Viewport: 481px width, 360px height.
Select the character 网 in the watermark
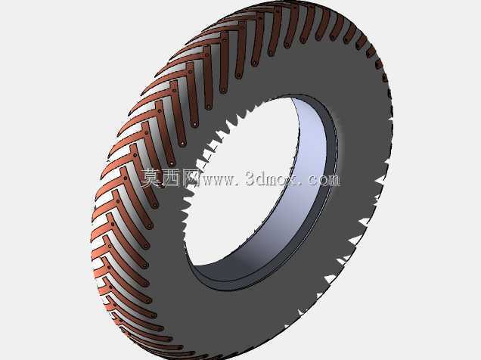[190, 178]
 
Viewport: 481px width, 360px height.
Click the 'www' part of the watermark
[218, 180]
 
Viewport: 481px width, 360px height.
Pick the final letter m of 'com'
[334, 180]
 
